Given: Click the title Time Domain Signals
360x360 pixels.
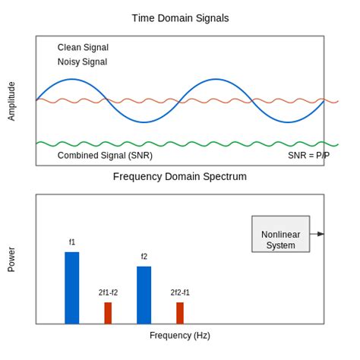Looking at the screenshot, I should pyautogui.click(x=180, y=18).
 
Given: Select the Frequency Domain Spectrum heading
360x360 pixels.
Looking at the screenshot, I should pyautogui.click(x=180, y=176).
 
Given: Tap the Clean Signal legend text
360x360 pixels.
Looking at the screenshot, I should pyautogui.click(x=83, y=47).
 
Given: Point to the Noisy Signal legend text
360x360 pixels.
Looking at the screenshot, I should pyautogui.click(x=82, y=62).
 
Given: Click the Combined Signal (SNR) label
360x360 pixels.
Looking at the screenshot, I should pyautogui.click(x=105, y=155).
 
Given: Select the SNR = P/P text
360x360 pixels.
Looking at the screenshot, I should pyautogui.click(x=308, y=155).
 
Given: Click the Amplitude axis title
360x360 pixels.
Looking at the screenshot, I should pyautogui.click(x=11, y=101).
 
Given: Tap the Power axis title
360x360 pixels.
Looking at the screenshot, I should pyautogui.click(x=11, y=259).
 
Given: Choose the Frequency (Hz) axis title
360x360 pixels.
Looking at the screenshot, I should pyautogui.click(x=180, y=335).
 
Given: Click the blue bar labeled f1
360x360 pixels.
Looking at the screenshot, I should pyautogui.click(x=72, y=288).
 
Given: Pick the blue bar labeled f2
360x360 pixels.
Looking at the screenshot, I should pyautogui.click(x=144, y=295).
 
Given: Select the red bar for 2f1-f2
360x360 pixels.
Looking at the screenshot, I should pyautogui.click(x=108, y=313).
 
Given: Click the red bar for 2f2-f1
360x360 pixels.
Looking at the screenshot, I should pyautogui.click(x=180, y=313).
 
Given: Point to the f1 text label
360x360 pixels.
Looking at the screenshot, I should pyautogui.click(x=72, y=242).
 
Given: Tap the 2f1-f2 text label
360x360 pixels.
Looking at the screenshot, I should pyautogui.click(x=108, y=292).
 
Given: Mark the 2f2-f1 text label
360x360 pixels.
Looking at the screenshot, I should pyautogui.click(x=180, y=292).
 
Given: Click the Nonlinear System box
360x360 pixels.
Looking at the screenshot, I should pyautogui.click(x=280, y=234).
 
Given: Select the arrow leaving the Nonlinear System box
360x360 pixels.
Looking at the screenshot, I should pyautogui.click(x=318, y=234).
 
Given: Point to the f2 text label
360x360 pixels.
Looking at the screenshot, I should pyautogui.click(x=144, y=257).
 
